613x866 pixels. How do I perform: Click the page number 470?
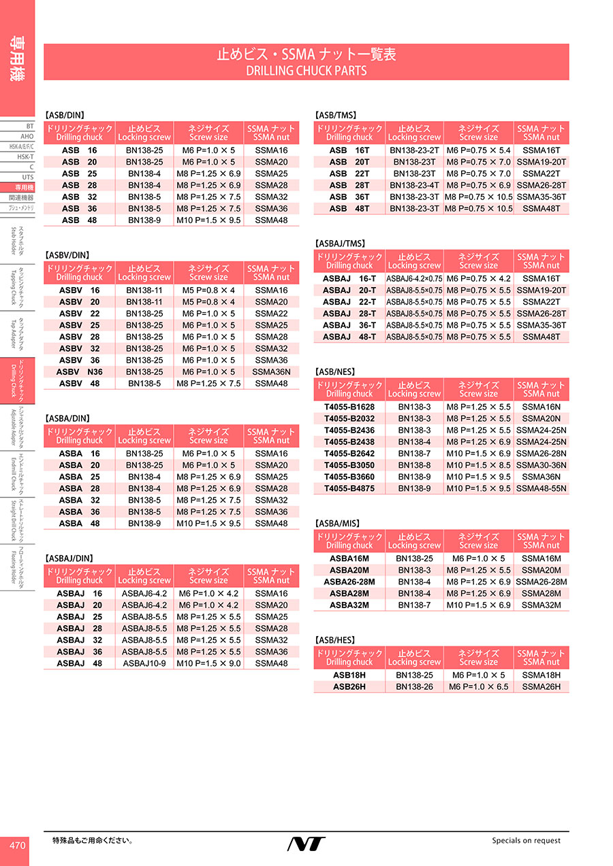[x=17, y=846]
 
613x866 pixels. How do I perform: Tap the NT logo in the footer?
[x=306, y=844]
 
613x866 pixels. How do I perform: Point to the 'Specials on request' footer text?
[x=526, y=841]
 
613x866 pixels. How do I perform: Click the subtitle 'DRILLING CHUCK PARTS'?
[x=306, y=70]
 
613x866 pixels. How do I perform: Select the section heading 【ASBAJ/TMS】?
[x=341, y=244]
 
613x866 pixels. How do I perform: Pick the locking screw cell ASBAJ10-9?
[x=144, y=663]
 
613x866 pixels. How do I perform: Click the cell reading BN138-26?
[x=414, y=687]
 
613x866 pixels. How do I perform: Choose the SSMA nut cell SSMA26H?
[x=541, y=687]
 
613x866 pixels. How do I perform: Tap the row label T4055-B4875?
[x=349, y=488]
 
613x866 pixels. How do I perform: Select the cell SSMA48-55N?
[x=541, y=488]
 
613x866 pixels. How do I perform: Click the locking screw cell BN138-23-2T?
[x=414, y=150]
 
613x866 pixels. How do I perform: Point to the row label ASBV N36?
[x=80, y=372]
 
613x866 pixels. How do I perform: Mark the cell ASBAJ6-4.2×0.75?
[x=414, y=279]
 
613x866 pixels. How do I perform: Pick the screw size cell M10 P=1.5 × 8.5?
[x=478, y=465]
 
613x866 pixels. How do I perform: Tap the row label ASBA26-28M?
[x=349, y=582]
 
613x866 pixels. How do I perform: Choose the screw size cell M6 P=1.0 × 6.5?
[x=478, y=687]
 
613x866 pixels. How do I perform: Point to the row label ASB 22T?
[x=349, y=173]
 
